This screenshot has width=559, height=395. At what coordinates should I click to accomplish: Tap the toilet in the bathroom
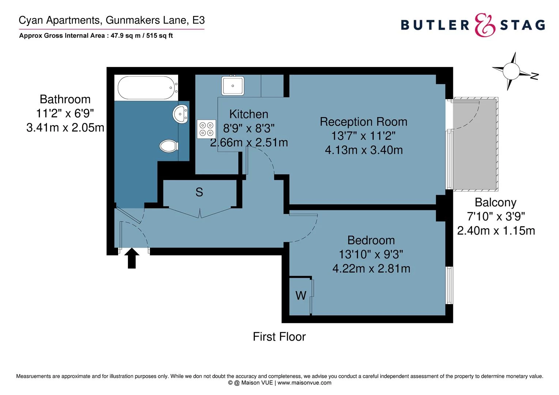(169, 146)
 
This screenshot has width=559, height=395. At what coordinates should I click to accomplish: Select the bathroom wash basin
(180, 114)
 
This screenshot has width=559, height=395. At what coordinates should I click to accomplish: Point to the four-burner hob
(207, 129)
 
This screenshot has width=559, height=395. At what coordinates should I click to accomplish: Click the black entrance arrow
(132, 258)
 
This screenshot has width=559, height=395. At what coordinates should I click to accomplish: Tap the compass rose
(511, 71)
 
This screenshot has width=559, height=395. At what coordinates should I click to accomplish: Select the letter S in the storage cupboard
(199, 192)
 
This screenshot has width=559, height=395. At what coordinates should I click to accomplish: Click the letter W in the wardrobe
(301, 296)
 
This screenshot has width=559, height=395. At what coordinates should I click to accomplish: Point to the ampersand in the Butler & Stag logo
(485, 25)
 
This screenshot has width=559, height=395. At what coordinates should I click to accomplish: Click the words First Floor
(279, 336)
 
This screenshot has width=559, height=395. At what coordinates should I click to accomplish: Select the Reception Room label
(363, 122)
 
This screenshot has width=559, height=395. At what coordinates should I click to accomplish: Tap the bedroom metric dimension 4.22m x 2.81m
(371, 268)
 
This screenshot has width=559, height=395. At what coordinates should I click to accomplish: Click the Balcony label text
(495, 202)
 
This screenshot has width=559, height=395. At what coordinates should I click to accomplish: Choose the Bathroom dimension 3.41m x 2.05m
(65, 128)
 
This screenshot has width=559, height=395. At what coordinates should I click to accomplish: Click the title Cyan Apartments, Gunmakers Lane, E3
(112, 20)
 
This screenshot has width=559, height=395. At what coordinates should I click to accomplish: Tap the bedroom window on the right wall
(449, 285)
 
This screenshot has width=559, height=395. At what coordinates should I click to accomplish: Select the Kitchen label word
(249, 114)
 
